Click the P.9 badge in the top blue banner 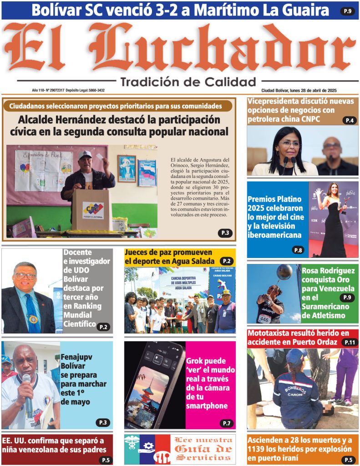[x=347, y=11]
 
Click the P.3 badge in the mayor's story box [x=225, y=233]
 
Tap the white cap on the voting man [x=85, y=155]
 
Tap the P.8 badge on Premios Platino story [x=298, y=250]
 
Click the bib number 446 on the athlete [x=264, y=319]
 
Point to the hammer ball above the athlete [x=284, y=272]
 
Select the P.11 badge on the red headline [x=350, y=342]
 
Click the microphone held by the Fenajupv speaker [x=27, y=391]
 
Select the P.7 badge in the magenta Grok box [x=226, y=423]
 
